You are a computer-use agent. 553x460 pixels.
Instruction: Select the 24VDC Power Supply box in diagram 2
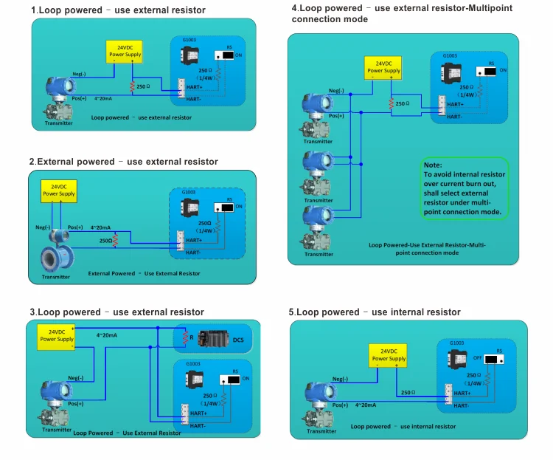click(58, 190)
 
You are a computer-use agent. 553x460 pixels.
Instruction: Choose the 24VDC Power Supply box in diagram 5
click(387, 355)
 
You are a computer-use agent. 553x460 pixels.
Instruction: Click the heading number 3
click(32, 312)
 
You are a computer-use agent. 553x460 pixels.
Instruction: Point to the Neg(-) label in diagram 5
click(340, 379)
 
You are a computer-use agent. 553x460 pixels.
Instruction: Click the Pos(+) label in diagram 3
click(77, 403)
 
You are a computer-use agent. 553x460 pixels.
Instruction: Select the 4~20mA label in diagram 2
click(101, 227)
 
